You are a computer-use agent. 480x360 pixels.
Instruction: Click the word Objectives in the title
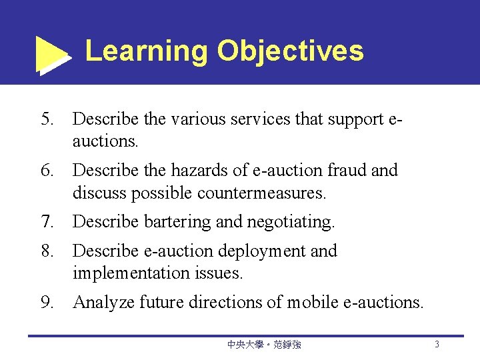click(x=290, y=51)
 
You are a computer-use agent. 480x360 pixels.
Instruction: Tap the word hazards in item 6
click(x=197, y=171)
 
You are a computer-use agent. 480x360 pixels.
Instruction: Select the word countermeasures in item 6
click(x=260, y=193)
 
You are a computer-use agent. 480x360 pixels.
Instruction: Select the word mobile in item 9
click(x=314, y=303)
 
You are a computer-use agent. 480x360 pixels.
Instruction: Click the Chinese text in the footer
click(x=264, y=345)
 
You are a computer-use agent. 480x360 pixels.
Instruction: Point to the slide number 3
click(x=437, y=345)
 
